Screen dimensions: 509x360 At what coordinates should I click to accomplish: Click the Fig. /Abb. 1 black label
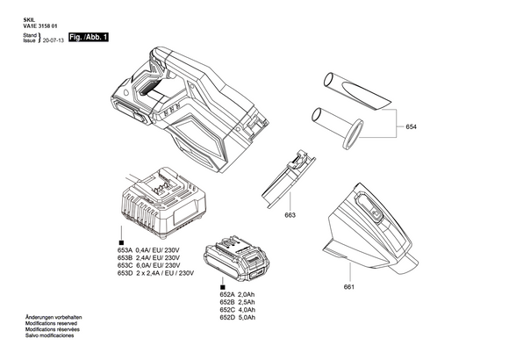tap(89, 37)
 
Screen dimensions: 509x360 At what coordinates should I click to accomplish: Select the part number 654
tap(411, 126)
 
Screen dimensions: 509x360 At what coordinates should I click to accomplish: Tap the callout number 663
tap(290, 215)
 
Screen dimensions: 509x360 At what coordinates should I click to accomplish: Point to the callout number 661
tap(349, 287)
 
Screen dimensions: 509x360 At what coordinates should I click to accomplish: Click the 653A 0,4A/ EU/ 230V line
tap(148, 250)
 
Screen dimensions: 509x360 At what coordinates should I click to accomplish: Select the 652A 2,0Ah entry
tap(237, 295)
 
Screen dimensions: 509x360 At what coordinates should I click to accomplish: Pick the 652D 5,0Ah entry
tap(237, 318)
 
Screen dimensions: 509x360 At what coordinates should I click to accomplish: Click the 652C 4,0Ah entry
tap(237, 310)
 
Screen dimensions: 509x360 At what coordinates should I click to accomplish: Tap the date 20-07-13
tap(54, 40)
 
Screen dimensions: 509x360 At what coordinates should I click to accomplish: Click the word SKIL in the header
tap(28, 20)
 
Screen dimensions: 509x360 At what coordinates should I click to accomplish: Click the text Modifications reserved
tap(51, 323)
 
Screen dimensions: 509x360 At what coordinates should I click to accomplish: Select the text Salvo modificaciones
tap(50, 335)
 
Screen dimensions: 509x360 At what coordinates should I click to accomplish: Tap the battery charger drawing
tap(163, 203)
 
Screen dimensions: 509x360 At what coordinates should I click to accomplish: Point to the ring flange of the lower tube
tap(353, 133)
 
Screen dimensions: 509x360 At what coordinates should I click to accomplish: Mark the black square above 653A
tap(121, 242)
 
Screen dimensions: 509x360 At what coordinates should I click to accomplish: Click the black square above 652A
tap(223, 287)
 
